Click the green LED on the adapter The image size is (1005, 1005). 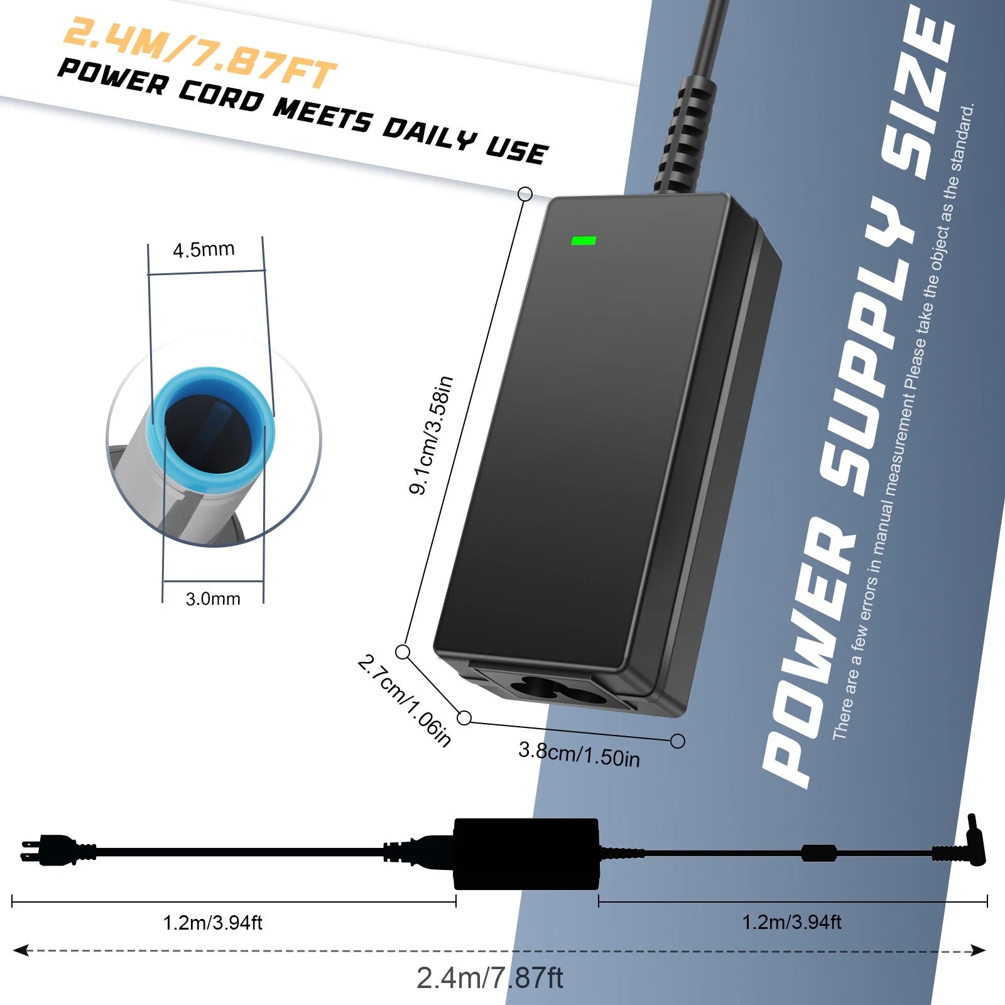tap(583, 240)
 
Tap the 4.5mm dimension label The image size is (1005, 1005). tap(204, 250)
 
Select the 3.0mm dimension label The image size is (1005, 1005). tap(213, 599)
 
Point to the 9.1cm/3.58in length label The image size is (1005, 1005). tap(432, 435)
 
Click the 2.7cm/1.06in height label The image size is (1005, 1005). tap(405, 701)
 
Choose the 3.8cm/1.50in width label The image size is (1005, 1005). tap(579, 754)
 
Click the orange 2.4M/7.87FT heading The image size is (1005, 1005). tap(200, 52)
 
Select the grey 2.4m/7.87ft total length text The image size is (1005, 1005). tap(490, 978)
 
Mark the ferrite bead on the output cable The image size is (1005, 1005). tap(819, 853)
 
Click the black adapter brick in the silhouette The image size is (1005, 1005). tap(526, 853)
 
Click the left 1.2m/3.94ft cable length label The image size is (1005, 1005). tap(212, 923)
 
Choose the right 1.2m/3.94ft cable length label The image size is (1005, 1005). tap(791, 922)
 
